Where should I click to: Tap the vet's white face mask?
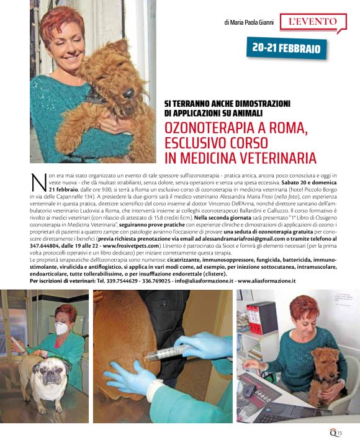point(61,328)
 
